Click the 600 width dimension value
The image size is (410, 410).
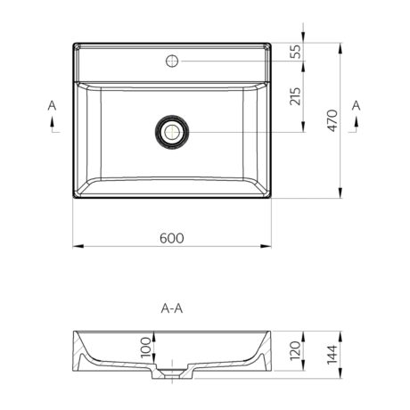tap(172, 238)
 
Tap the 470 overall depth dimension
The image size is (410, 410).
tap(332, 120)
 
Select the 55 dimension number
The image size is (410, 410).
tap(295, 52)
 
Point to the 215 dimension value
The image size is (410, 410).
tap(295, 96)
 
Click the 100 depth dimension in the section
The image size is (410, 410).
tap(146, 347)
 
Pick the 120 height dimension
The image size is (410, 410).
tap(295, 350)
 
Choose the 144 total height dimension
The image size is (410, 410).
tap(332, 355)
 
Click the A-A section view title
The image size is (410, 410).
tap(172, 308)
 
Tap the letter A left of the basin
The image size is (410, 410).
tap(52, 105)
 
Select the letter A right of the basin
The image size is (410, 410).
tap(356, 105)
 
